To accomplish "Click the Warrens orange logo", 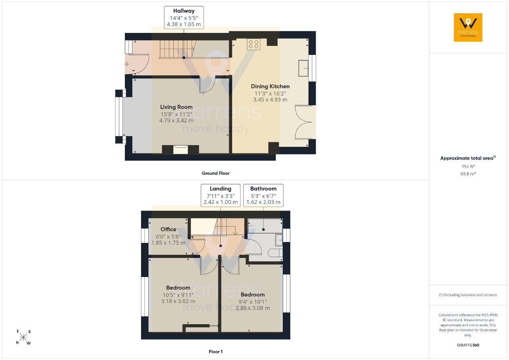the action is [x=468, y=27].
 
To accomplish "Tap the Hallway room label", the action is [x=184, y=11].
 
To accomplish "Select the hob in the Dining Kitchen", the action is [x=254, y=44].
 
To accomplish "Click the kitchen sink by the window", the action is [x=303, y=68].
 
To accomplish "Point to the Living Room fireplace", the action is [x=181, y=149].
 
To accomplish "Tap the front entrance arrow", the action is [x=126, y=64].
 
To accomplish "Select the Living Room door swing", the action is [x=207, y=85].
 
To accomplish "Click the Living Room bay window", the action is [x=119, y=117].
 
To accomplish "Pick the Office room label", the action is [x=168, y=229].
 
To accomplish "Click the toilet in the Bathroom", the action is [x=275, y=253].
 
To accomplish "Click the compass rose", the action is [x=23, y=337].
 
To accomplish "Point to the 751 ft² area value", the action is [x=468, y=166].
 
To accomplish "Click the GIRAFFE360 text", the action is [x=468, y=345].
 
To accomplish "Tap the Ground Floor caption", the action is [x=216, y=173].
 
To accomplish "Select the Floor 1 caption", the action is [x=216, y=352].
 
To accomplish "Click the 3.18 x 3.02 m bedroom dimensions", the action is [x=178, y=301].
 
